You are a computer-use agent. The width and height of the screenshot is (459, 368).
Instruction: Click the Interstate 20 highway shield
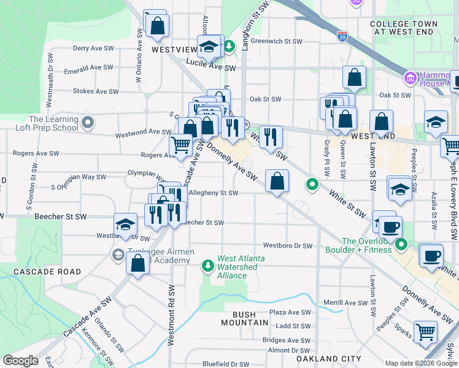pyautogui.click(x=342, y=37)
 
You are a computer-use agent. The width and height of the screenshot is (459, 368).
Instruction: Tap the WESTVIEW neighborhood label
pyautogui.click(x=174, y=48)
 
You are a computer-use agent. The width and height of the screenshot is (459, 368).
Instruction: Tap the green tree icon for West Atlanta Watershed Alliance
pyautogui.click(x=208, y=264)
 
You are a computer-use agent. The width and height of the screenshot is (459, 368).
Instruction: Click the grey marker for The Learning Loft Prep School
pyautogui.click(x=87, y=123)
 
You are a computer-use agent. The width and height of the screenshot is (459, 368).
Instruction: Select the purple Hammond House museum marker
pyautogui.click(x=410, y=79)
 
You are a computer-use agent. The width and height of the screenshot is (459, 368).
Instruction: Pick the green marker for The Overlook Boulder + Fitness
pyautogui.click(x=401, y=245)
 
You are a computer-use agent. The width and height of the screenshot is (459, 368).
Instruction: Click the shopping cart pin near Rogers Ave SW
pyautogui.click(x=180, y=145)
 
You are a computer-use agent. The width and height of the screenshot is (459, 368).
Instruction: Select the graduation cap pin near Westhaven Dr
pyautogui.click(x=125, y=224)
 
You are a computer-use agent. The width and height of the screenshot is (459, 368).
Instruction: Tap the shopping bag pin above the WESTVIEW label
pyautogui.click(x=158, y=26)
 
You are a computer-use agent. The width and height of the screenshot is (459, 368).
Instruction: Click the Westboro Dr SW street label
pyautogui.click(x=288, y=246)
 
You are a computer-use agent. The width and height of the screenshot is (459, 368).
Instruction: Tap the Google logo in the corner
pyautogui.click(x=20, y=360)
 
